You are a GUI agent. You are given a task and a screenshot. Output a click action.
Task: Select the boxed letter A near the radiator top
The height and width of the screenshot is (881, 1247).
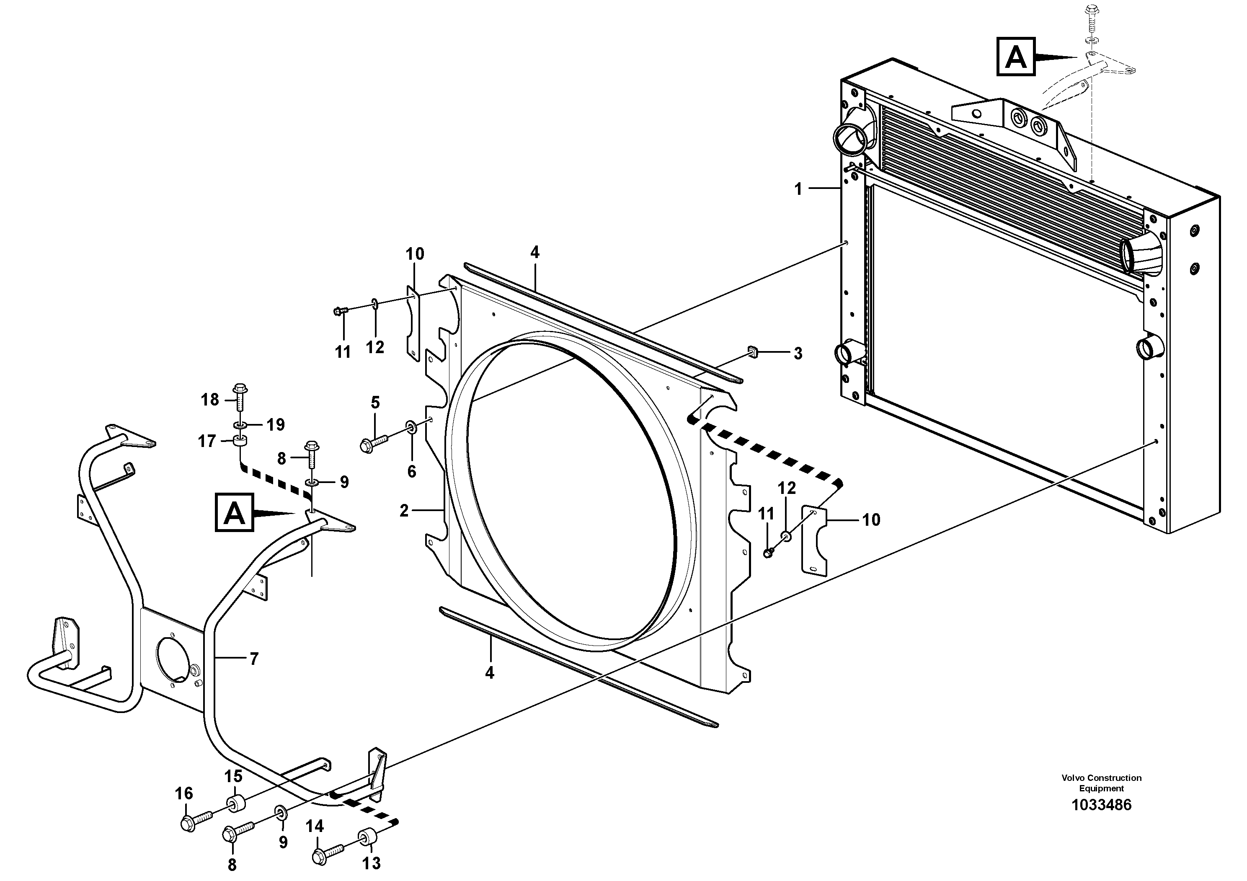[x=1016, y=57]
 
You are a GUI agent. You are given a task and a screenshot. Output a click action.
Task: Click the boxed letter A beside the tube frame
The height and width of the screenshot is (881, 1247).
[x=234, y=512]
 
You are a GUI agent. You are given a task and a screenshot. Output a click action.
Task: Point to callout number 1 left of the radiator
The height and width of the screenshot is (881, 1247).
[x=798, y=189]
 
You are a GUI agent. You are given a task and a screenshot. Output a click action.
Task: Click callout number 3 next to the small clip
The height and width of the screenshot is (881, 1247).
[x=797, y=354]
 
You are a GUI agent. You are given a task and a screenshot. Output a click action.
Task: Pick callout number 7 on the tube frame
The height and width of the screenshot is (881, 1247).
[x=254, y=659]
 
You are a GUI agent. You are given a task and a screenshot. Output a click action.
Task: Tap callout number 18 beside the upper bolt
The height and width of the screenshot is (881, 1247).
[x=209, y=400]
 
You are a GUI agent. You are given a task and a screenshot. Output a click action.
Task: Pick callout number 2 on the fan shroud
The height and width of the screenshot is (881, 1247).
[x=403, y=511]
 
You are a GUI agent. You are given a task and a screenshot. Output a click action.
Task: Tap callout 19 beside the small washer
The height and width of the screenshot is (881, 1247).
[x=276, y=425]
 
